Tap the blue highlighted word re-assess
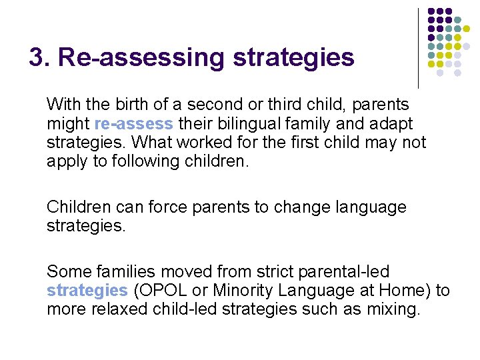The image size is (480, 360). [x=134, y=124]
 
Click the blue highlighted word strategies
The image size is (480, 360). [x=87, y=291]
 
